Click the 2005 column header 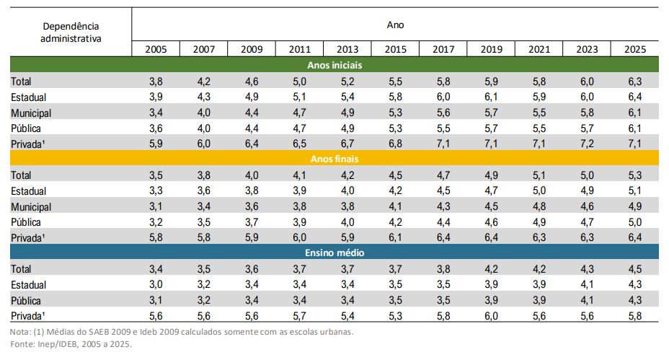(156, 49)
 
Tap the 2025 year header (635, 49)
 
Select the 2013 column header (347, 49)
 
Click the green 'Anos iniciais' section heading (334, 65)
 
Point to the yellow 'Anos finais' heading (334, 159)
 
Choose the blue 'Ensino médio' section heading (334, 253)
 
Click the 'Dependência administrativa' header (71, 32)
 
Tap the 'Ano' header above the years (395, 25)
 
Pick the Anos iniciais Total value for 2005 (156, 81)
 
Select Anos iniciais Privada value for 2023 (587, 144)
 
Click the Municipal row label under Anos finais (31, 207)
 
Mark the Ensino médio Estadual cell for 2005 (156, 284)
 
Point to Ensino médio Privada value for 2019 (491, 316)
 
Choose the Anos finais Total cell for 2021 (539, 175)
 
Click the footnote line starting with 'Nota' (182, 332)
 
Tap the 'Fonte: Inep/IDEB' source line (71, 344)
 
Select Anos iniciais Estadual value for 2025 (635, 97)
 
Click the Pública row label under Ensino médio (26, 301)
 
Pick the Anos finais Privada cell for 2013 (347, 237)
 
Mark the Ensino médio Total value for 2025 (635, 269)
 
